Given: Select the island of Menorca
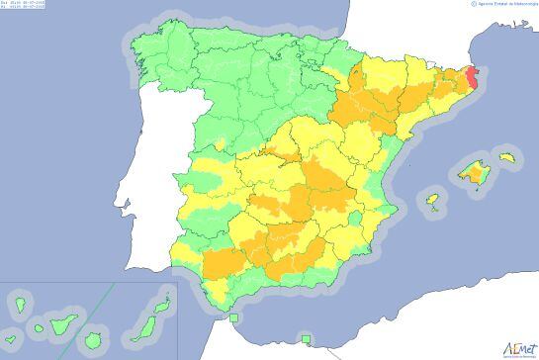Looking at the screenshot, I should pos(508,156).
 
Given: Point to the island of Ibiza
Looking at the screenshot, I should pos(432,200).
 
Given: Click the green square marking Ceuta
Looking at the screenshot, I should pos(234,318).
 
